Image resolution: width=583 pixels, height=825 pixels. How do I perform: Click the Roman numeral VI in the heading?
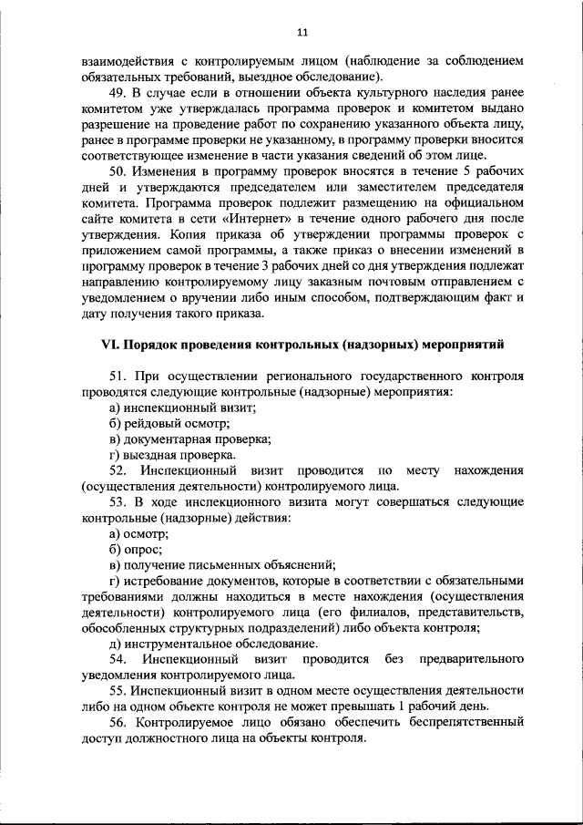pos(108,345)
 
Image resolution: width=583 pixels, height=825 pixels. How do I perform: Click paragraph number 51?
pos(118,376)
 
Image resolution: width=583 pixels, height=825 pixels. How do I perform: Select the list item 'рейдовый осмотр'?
pos(169,423)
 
